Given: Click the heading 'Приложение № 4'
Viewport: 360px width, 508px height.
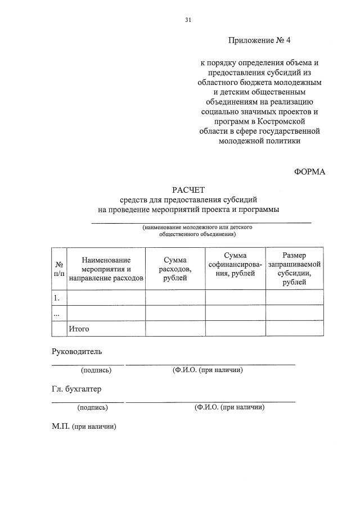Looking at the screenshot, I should tap(260, 40).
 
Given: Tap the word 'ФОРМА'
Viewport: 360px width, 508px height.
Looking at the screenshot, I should tap(309, 171).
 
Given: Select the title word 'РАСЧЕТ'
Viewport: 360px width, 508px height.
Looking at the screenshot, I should tap(188, 190).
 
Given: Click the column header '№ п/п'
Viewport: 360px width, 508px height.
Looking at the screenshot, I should tap(59, 269).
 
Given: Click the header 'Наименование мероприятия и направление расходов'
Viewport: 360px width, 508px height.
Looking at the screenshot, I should tap(106, 269).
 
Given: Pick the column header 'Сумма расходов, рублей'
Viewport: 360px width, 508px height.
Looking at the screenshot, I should tap(175, 269).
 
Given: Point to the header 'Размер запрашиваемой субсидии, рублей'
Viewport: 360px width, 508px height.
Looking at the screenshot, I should tap(294, 269).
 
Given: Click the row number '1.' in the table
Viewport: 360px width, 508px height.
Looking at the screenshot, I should tap(56, 297).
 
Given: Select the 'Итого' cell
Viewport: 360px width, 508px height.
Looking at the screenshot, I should tap(79, 329).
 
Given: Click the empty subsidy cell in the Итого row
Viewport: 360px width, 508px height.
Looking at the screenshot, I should tap(294, 329).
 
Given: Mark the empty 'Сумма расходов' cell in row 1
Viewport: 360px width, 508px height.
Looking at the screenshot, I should tap(175, 297).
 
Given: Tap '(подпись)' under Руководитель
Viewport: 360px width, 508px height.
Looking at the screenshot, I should tap(96, 370).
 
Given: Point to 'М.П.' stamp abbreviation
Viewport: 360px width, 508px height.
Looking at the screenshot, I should tap(60, 427).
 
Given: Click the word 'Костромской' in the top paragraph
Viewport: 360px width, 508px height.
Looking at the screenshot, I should tap(285, 121).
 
